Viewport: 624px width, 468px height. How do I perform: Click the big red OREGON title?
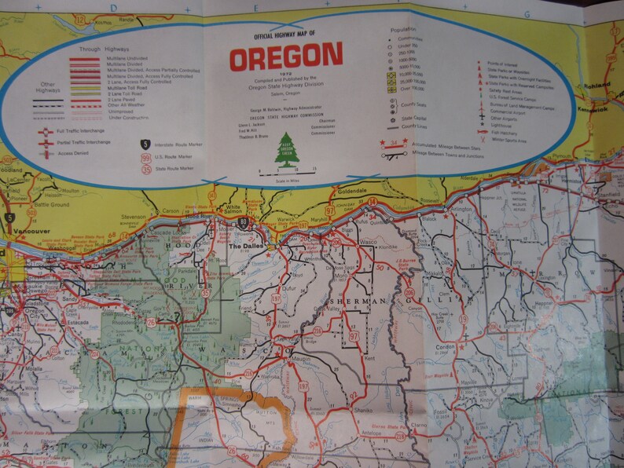[285, 56]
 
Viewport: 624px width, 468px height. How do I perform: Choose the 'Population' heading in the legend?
[402, 29]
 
